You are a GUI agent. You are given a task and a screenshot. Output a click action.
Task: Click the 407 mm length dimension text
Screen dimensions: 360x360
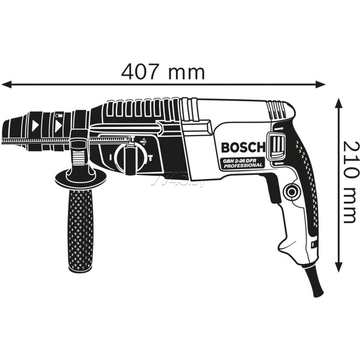click(163, 71)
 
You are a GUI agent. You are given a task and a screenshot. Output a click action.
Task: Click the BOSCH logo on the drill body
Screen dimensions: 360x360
click(242, 148)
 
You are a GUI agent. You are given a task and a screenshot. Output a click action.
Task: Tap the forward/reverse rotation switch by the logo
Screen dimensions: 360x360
click(278, 146)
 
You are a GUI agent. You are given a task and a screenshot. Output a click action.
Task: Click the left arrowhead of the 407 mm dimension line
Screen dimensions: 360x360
click(5, 84)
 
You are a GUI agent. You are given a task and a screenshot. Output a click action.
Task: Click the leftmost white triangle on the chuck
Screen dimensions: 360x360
click(34, 127)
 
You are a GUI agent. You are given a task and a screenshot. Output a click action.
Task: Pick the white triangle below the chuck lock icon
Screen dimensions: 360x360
click(59, 127)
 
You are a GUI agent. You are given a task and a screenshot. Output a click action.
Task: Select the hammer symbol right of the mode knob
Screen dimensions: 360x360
click(150, 158)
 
